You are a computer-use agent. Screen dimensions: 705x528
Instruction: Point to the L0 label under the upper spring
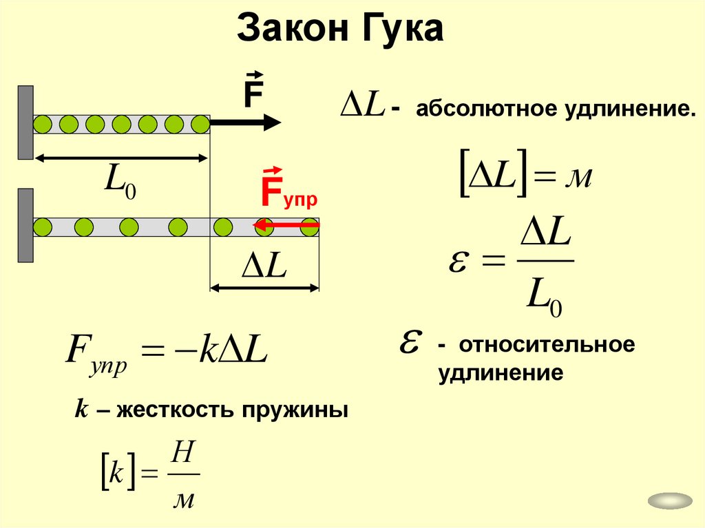tap(119, 182)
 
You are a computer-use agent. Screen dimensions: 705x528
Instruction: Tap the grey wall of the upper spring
tap(25, 123)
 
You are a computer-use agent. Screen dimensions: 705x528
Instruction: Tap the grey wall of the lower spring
tap(25, 225)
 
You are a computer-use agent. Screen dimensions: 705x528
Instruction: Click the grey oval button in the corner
tap(670, 502)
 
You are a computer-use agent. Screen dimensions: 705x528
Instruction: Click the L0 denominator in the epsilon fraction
tap(543, 297)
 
